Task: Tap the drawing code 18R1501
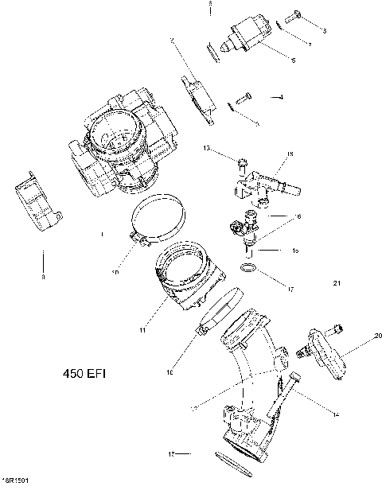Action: tap(16, 480)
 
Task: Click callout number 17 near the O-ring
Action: tap(290, 289)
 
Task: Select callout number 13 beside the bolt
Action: tap(206, 149)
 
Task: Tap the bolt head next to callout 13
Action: tap(240, 165)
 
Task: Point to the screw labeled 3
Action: tap(294, 15)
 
